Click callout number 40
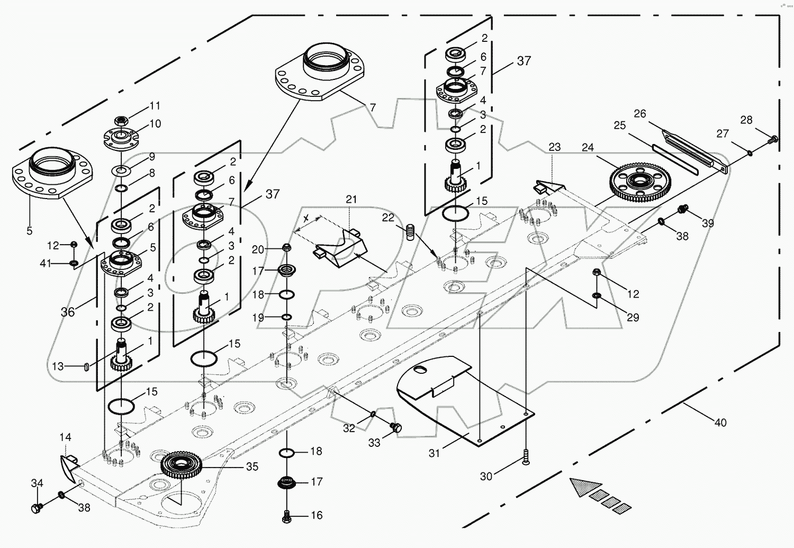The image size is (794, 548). (720, 423)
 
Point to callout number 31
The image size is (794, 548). (434, 453)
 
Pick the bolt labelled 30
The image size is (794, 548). (525, 456)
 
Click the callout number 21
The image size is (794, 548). (351, 200)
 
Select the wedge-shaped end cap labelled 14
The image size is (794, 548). (68, 464)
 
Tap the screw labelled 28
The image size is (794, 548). (773, 139)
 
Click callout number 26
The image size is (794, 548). (640, 114)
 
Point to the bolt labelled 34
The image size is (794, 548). (37, 508)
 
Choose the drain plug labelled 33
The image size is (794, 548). (395, 427)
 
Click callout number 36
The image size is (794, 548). (68, 312)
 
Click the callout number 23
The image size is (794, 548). (554, 147)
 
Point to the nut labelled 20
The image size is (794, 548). (286, 248)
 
